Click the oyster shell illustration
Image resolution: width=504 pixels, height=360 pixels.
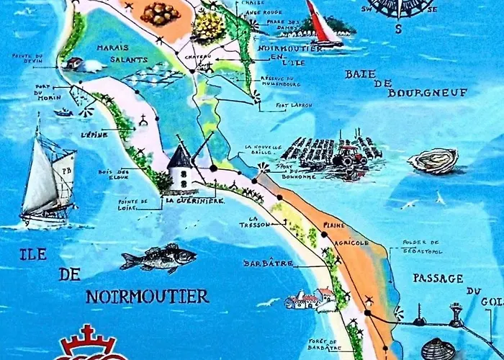point(433,161)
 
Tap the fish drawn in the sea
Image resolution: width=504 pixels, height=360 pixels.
point(158,258)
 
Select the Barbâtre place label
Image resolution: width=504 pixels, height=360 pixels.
point(269,264)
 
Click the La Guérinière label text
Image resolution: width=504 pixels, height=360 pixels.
point(195,201)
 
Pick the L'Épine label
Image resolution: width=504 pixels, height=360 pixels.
point(94,135)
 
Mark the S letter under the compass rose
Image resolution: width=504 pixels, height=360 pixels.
point(397,29)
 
